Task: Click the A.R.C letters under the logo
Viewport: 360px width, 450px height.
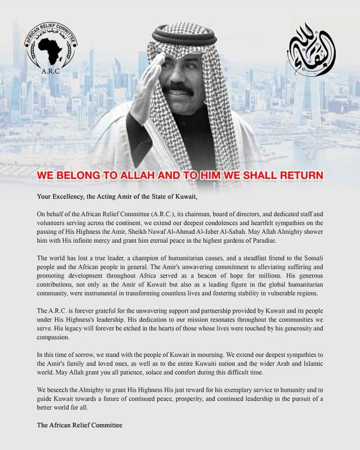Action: [50, 71]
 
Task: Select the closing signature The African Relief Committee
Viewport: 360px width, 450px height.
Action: [79, 425]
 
